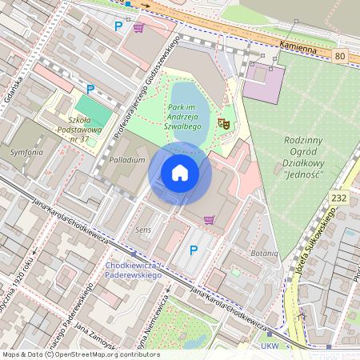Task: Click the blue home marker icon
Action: (x=180, y=172)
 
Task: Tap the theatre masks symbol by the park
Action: (x=224, y=123)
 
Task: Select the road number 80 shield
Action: (x=341, y=56)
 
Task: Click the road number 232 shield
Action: (x=339, y=197)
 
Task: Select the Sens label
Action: (x=143, y=230)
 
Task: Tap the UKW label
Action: (x=270, y=346)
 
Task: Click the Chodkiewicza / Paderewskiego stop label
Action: (x=134, y=270)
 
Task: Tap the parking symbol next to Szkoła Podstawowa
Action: (x=90, y=89)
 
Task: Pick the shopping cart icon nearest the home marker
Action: (x=209, y=219)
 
